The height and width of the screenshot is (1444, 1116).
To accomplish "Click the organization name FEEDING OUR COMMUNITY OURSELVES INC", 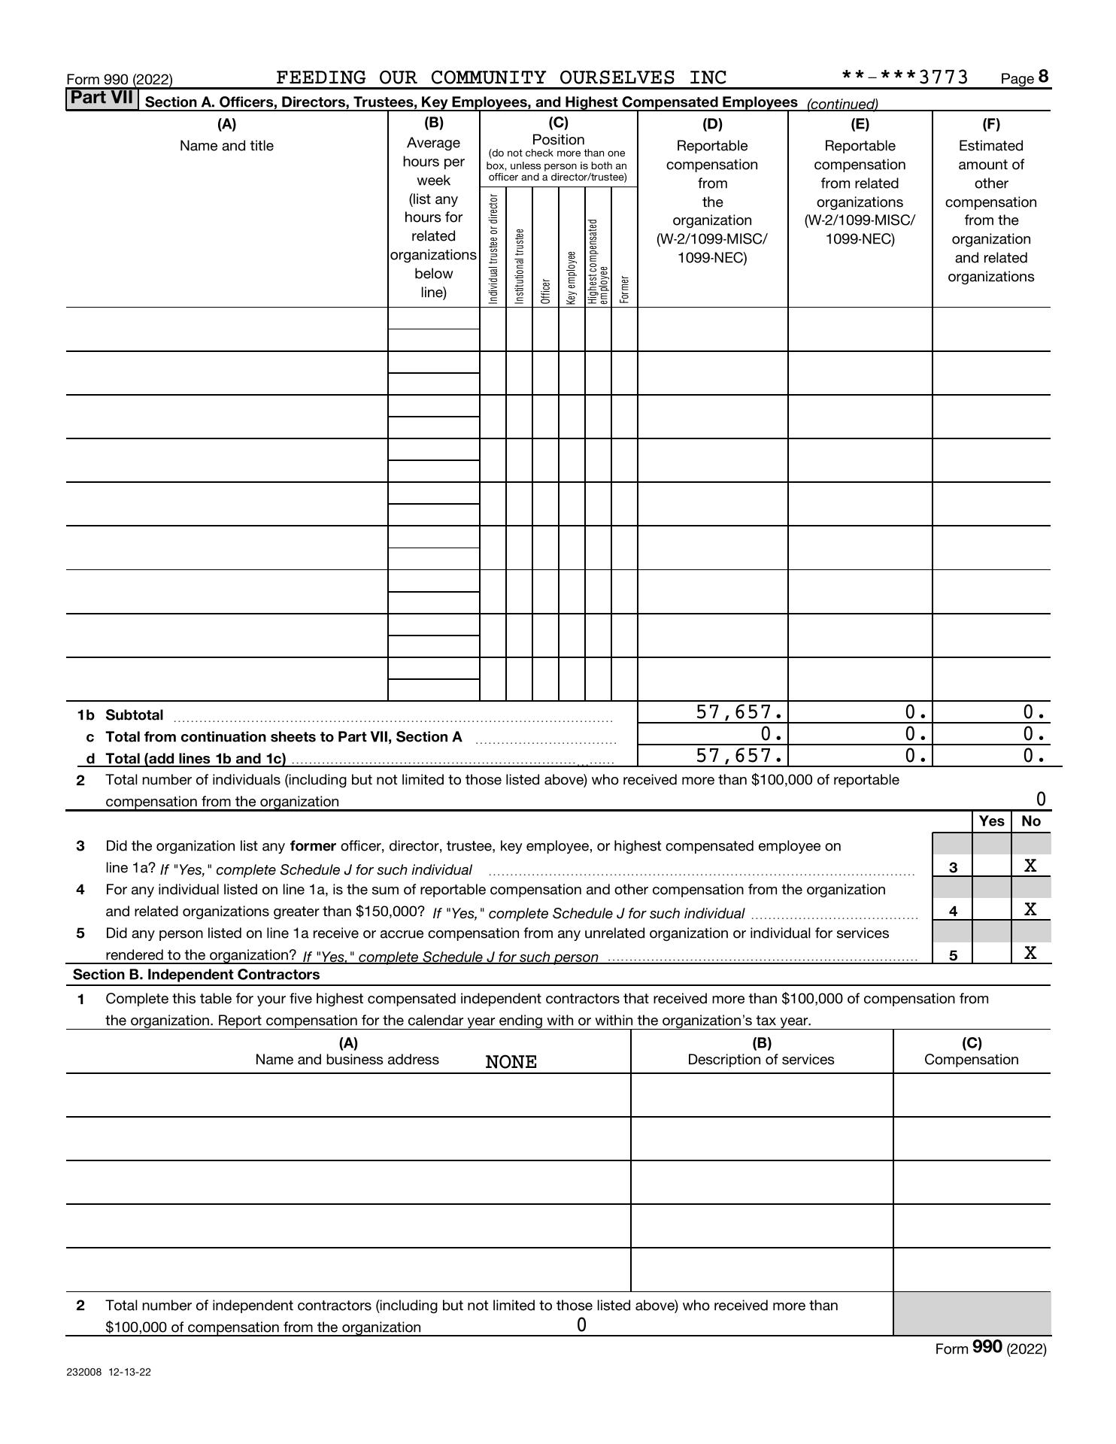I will coord(502,78).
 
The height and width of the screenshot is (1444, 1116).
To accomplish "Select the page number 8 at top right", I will coord(1043,77).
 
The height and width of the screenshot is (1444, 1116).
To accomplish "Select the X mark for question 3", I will coord(1030,866).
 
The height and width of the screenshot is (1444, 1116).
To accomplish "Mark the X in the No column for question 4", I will coord(1030,910).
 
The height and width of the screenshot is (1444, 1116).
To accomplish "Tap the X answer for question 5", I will coord(1030,954).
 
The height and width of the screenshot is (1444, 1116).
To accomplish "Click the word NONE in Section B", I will coord(511,1062).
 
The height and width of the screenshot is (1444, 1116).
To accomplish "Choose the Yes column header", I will coord(991,821).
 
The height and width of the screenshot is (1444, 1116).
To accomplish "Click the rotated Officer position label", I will coord(546,291).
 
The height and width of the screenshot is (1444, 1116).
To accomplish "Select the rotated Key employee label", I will coord(572,278).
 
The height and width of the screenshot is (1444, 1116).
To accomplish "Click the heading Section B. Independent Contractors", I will coord(196,975).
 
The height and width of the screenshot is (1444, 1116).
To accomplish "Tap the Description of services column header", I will coord(761,1060).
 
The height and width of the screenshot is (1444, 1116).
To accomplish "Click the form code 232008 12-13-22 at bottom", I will coord(108,1372).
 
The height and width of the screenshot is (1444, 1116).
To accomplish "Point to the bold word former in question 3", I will coord(313,846).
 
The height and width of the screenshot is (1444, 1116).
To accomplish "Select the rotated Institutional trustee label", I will coord(519,266).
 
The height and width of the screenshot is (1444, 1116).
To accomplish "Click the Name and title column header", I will coord(226,146).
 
